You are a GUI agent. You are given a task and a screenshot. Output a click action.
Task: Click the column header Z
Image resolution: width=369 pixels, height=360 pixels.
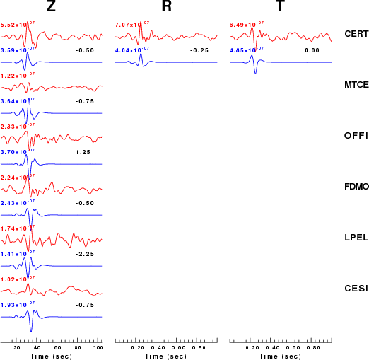click(x=51, y=6)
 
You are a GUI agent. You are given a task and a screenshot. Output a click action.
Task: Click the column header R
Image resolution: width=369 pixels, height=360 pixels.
click(x=167, y=6)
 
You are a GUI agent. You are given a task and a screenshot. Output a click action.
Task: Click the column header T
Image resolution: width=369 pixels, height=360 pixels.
click(x=280, y=6)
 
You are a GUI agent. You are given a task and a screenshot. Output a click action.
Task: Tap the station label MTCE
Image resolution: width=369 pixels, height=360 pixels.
click(x=356, y=85)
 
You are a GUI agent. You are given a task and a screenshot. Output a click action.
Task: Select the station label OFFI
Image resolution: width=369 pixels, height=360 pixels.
click(x=356, y=136)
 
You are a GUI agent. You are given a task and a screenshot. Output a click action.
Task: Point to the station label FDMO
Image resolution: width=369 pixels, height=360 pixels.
click(x=356, y=187)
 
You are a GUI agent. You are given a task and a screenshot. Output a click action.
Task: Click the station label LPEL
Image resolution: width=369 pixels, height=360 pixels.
click(x=356, y=238)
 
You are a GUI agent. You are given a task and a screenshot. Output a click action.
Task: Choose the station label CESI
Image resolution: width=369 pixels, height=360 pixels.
click(x=356, y=289)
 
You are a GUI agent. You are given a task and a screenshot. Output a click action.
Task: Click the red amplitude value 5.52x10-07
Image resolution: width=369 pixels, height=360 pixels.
click(x=18, y=24)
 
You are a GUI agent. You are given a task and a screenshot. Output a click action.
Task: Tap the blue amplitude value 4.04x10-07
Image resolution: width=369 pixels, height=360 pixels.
click(x=132, y=50)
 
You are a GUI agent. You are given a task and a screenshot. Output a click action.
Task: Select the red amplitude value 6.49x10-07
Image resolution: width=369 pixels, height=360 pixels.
click(x=247, y=24)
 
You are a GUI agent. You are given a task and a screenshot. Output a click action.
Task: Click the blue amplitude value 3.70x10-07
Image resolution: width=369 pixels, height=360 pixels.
click(x=18, y=151)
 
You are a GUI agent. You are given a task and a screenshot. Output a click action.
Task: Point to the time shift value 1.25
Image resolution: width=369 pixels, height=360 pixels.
click(x=83, y=152)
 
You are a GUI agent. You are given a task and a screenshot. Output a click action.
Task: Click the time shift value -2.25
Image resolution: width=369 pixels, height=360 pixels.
click(x=85, y=254)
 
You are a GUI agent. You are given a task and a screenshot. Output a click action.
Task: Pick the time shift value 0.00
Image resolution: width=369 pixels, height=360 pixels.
click(x=312, y=50)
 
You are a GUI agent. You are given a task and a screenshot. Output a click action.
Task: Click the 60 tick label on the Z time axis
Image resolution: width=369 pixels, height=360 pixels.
click(x=57, y=348)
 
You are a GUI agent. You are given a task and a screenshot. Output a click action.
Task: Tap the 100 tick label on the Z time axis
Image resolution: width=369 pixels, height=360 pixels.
click(x=98, y=348)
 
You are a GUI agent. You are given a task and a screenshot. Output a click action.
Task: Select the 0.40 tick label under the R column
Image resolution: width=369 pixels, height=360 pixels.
click(x=158, y=348)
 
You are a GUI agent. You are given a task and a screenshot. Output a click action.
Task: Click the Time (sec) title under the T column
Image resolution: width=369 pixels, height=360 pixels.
click(x=280, y=356)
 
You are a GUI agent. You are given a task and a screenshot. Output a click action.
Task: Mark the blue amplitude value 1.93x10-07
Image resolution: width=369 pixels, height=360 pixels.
click(x=18, y=304)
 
